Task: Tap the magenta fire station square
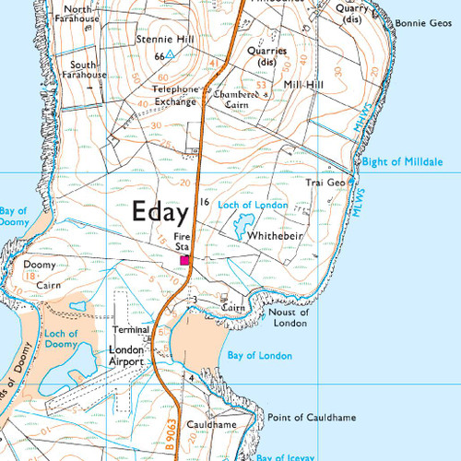pyautogui.click(x=184, y=261)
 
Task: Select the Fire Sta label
pyautogui.click(x=182, y=242)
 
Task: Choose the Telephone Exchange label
pyautogui.click(x=175, y=95)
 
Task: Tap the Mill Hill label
pyautogui.click(x=305, y=83)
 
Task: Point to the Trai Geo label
pyautogui.click(x=325, y=183)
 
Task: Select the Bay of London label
pyautogui.click(x=261, y=356)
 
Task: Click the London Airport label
pyautogui.click(x=126, y=356)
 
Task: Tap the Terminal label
pyautogui.click(x=130, y=329)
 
